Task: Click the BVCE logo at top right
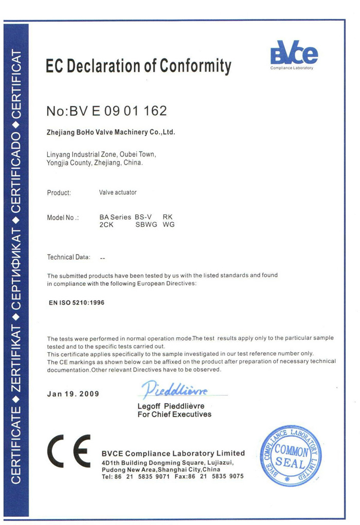tap(294, 53)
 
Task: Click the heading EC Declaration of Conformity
tap(138, 66)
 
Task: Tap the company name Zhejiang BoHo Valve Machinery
tap(111, 132)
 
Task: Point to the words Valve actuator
tap(118, 193)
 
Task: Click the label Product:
tap(59, 193)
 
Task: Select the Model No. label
tap(63, 218)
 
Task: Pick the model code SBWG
tap(146, 225)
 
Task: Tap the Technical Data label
tap(68, 257)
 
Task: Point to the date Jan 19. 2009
tap(73, 394)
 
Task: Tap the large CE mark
tap(69, 451)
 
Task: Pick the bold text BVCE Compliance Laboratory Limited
tap(173, 453)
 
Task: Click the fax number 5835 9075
tap(226, 477)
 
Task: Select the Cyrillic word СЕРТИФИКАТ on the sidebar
tap(16, 265)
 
